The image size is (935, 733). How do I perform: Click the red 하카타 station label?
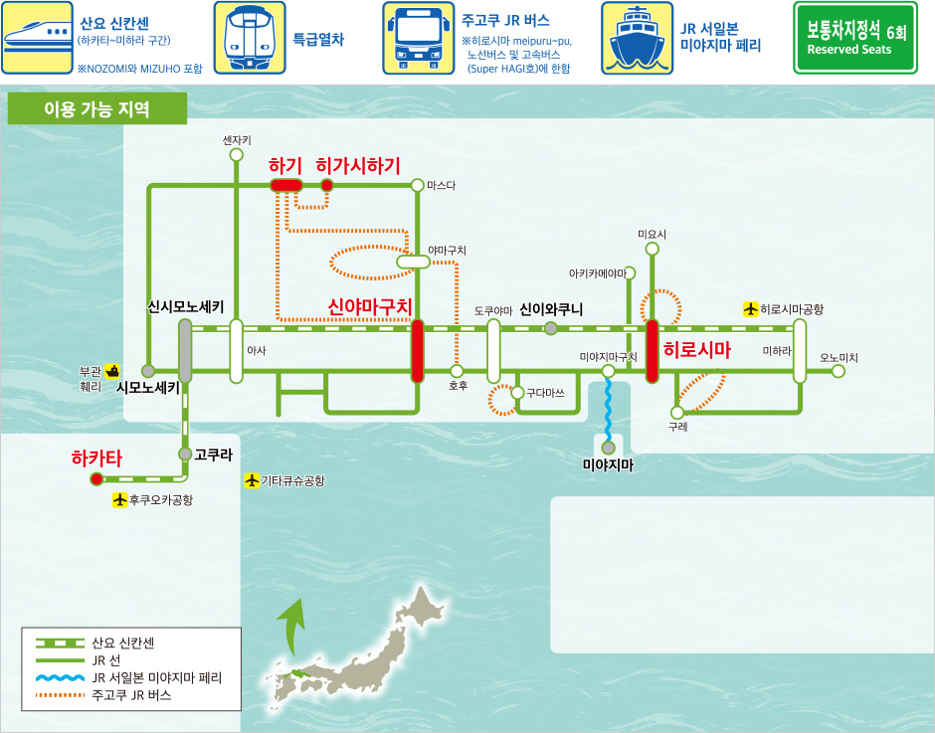pyautogui.click(x=96, y=458)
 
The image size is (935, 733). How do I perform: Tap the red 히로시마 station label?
pyautogui.click(x=696, y=350)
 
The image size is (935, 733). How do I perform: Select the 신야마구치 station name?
pyautogui.click(x=370, y=307)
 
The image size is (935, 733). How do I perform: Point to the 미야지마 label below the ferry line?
pyautogui.click(x=607, y=464)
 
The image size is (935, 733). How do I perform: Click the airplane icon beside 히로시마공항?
pyautogui.click(x=751, y=309)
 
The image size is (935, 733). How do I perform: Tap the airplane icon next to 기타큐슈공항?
pyautogui.click(x=252, y=481)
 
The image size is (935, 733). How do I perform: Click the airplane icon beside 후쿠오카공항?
pyautogui.click(x=120, y=500)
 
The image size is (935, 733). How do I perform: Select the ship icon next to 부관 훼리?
pyautogui.click(x=112, y=370)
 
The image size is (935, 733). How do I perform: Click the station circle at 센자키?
pyautogui.click(x=237, y=155)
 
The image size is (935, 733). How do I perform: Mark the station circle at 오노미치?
pyautogui.click(x=839, y=371)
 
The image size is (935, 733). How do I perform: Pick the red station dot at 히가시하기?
pyautogui.click(x=326, y=185)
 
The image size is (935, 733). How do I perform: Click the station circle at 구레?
pyautogui.click(x=677, y=412)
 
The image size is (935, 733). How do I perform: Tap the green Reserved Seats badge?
pyautogui.click(x=853, y=38)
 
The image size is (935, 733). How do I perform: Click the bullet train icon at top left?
pyautogui.click(x=37, y=38)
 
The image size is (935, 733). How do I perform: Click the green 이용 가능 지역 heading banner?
pyautogui.click(x=96, y=109)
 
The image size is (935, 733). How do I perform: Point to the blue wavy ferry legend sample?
pyautogui.click(x=61, y=677)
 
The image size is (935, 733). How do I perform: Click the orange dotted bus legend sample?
pyautogui.click(x=61, y=695)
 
